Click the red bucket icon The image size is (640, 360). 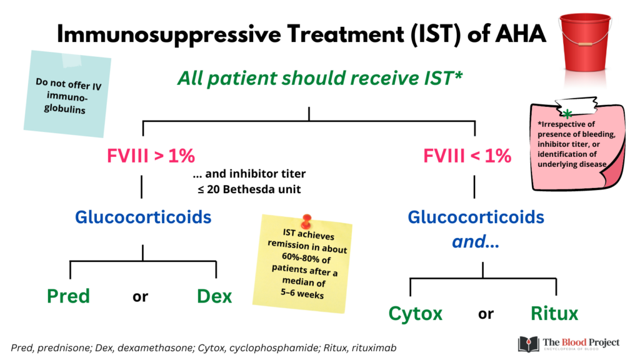pyautogui.click(x=585, y=43)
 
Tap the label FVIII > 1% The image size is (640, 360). pyautogui.click(x=151, y=156)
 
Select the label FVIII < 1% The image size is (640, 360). pyautogui.click(x=467, y=156)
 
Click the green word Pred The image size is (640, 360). pyautogui.click(x=68, y=296)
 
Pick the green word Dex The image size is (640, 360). pyautogui.click(x=214, y=296)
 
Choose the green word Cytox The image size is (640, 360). pyautogui.click(x=416, y=314)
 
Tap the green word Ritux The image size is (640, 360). pyautogui.click(x=554, y=314)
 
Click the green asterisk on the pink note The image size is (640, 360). pyautogui.click(x=567, y=114)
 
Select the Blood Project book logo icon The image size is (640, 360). pyautogui.click(x=529, y=344)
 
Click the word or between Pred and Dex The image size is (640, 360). pyautogui.click(x=141, y=297)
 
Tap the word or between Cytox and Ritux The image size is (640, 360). pyautogui.click(x=486, y=314)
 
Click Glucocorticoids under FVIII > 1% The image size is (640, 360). pyautogui.click(x=143, y=217)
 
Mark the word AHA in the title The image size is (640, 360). pyautogui.click(x=521, y=34)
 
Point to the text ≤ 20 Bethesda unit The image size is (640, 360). pyautogui.click(x=249, y=189)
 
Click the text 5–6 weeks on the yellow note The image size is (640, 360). pyautogui.click(x=302, y=294)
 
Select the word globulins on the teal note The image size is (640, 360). pyautogui.click(x=65, y=109)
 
